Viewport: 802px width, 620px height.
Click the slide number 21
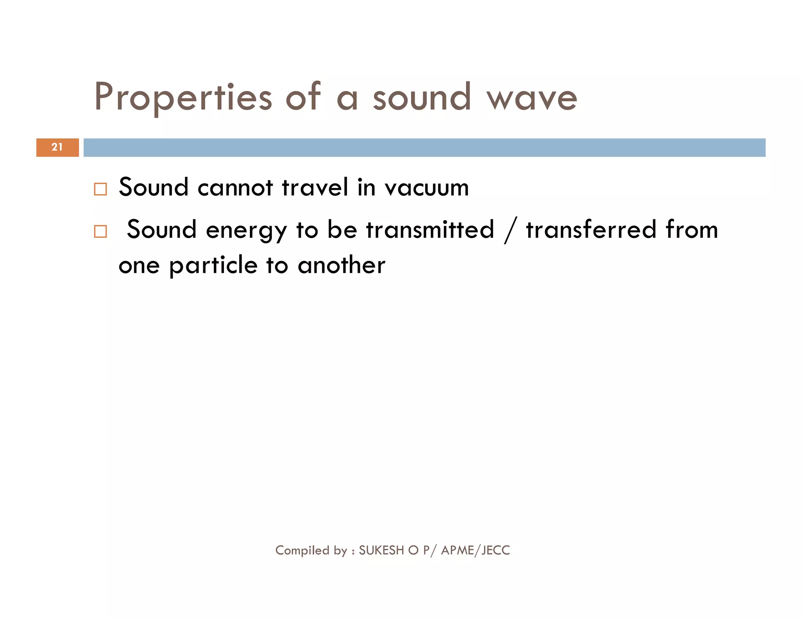(57, 147)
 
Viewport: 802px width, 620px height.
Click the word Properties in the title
(183, 97)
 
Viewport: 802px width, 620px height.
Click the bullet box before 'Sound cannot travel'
(100, 189)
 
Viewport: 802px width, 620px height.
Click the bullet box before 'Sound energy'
(100, 232)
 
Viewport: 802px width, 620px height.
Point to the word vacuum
(426, 187)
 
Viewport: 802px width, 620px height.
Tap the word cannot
(235, 187)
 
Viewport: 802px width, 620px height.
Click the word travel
(315, 187)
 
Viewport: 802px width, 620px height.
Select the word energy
(246, 230)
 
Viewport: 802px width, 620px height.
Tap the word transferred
(591, 230)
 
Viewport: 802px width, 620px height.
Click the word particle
(213, 266)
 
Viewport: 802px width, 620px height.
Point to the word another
(341, 265)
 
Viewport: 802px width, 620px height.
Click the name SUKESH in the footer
(381, 550)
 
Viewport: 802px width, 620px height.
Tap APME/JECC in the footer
(475, 550)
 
